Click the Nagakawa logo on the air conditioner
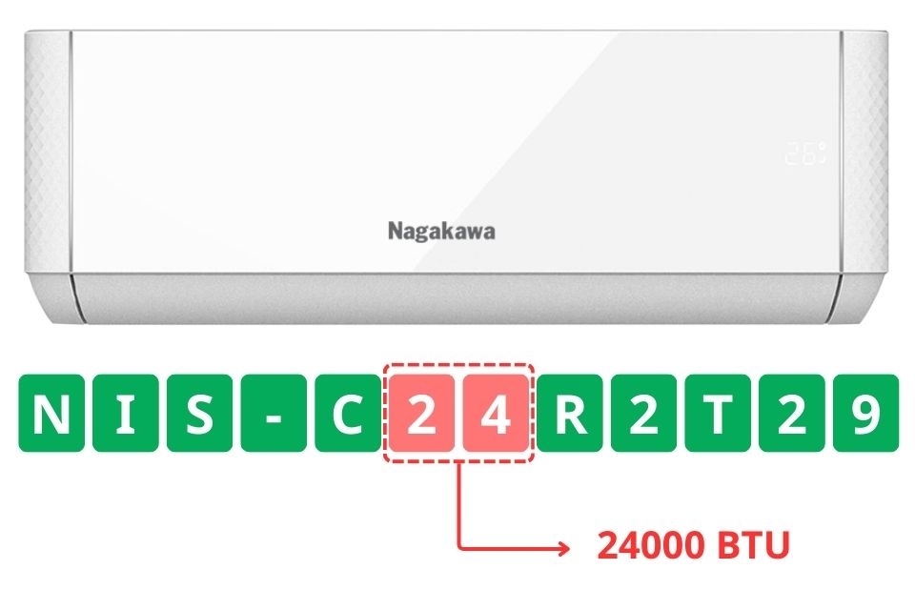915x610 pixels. point(441,232)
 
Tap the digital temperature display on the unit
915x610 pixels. point(805,152)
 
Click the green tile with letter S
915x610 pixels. point(199,415)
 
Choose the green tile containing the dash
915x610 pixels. point(274,415)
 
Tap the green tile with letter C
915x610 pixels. point(347,415)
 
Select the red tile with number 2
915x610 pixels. point(420,415)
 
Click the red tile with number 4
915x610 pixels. point(494,415)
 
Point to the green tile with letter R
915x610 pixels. point(569,415)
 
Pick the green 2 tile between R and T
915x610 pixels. point(642,415)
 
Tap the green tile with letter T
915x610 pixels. point(717,415)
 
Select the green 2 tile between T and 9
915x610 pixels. point(790,415)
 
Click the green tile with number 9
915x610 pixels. point(864,415)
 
